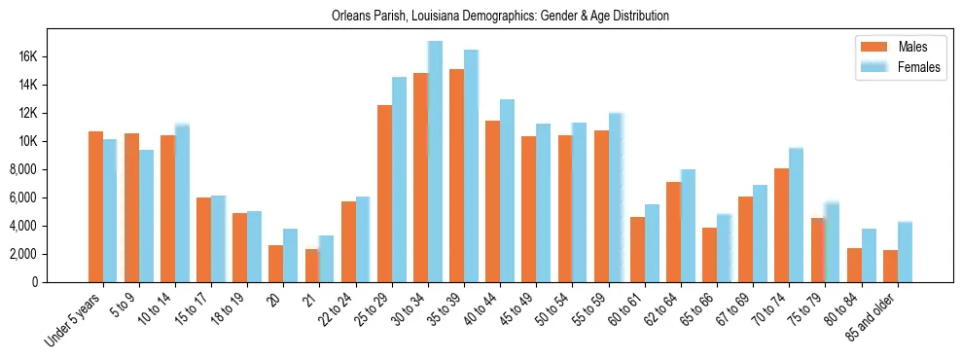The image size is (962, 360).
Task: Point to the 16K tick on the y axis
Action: [x=26, y=56]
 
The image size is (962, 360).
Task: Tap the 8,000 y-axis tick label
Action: [x=21, y=169]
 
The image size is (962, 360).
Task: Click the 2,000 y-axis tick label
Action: [x=21, y=254]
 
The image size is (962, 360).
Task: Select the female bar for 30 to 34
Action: [x=435, y=162]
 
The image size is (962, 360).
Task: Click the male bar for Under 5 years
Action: [x=95, y=206]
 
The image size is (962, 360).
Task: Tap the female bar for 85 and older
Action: [x=905, y=252]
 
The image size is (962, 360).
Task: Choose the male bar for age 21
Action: [x=312, y=266]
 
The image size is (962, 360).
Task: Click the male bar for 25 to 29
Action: [x=384, y=194]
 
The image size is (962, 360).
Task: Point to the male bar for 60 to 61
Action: [x=637, y=249]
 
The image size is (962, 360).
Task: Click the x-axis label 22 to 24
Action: [x=347, y=308]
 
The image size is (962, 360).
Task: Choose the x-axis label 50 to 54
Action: [x=563, y=308]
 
